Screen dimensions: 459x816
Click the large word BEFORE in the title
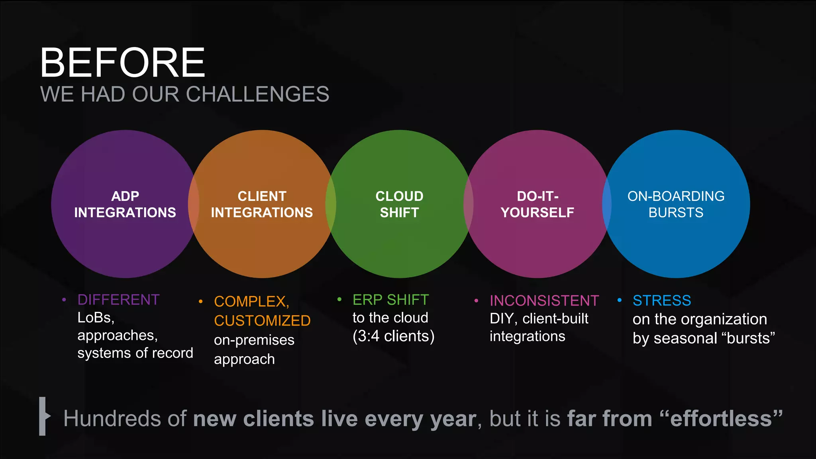point(123,63)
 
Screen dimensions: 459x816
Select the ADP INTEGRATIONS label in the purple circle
point(125,204)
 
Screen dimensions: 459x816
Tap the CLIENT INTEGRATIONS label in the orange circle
point(262,204)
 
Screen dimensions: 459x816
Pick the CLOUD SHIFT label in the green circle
point(399,204)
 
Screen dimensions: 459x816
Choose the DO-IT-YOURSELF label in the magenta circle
point(537,204)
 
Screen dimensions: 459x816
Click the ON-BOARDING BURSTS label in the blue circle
point(676,204)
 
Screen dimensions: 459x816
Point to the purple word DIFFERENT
point(118,300)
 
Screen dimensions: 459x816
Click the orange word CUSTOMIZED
point(262,321)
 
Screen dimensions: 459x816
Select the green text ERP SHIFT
point(390,300)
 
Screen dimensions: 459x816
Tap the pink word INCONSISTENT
point(544,301)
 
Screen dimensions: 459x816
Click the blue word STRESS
point(662,301)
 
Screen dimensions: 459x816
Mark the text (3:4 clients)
point(393,336)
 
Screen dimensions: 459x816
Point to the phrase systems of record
point(135,353)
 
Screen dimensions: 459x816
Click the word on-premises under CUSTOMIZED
point(254,340)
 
